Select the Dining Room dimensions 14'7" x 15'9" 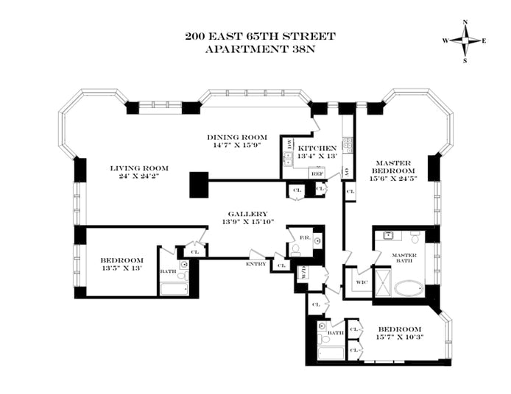pyautogui.click(x=236, y=146)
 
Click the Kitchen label pyautogui.click(x=317, y=148)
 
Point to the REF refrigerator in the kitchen pyautogui.click(x=317, y=173)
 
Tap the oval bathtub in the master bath pyautogui.click(x=407, y=287)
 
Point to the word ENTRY pyautogui.click(x=257, y=263)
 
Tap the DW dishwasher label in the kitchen pyautogui.click(x=289, y=144)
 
